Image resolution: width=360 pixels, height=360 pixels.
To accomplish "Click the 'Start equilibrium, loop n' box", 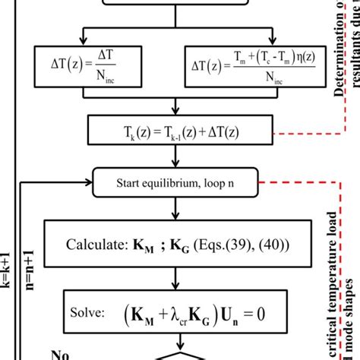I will point(176,183).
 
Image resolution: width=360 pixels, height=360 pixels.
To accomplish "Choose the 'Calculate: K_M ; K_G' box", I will point(176,245).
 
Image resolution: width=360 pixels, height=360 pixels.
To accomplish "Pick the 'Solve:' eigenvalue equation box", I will point(176,312).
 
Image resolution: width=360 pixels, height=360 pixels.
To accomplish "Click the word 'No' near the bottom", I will point(61,354).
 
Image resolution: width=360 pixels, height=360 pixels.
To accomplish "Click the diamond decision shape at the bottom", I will point(176,354).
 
